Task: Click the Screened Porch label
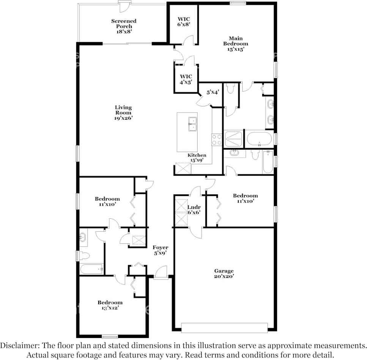tap(124, 26)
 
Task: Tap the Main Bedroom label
tap(235, 43)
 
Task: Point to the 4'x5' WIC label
tap(186, 79)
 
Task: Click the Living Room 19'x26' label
tap(123, 112)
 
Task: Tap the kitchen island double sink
tap(192, 124)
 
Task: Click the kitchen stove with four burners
tap(217, 139)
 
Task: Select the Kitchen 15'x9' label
tap(197, 158)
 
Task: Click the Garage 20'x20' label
tap(224, 274)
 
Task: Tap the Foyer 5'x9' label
tap(160, 250)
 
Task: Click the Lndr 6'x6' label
tap(194, 210)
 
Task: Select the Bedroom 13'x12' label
tap(110, 305)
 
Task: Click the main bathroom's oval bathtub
tap(259, 139)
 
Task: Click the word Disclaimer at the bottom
tap(19, 346)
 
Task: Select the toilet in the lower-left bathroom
tap(85, 256)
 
